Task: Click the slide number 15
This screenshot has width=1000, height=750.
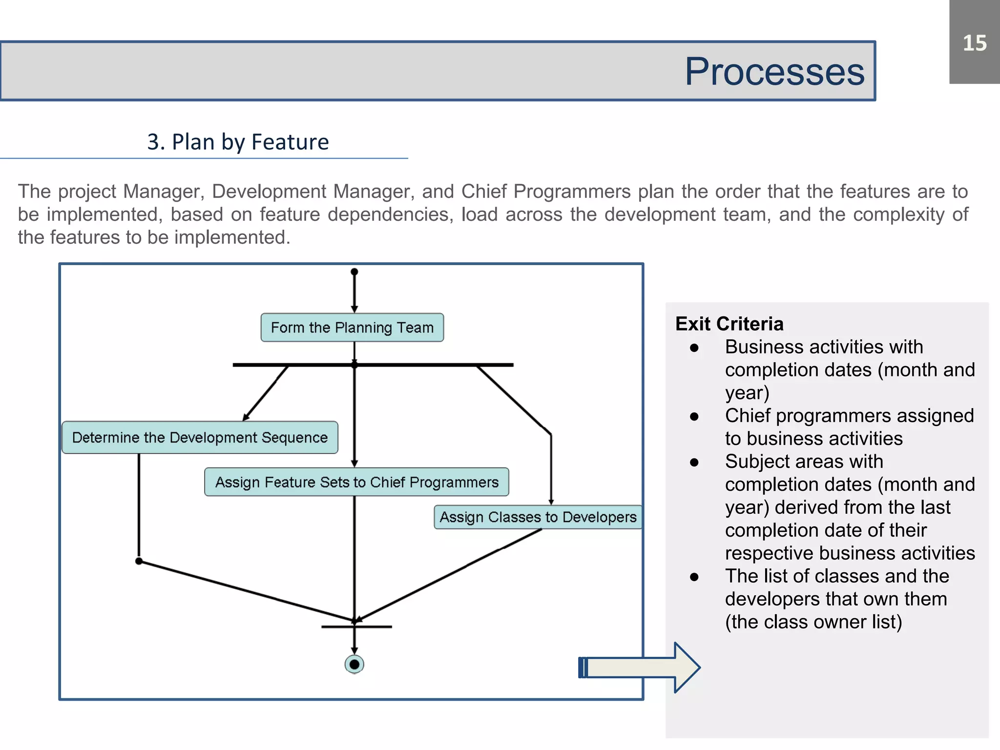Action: [x=974, y=43]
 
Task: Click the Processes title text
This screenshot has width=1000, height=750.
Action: [x=774, y=72]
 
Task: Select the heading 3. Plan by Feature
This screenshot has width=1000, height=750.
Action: [x=238, y=142]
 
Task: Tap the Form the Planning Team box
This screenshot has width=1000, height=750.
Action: [x=352, y=328]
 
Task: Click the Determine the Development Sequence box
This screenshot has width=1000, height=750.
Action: [x=200, y=437]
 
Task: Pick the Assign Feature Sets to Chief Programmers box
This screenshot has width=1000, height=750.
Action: [x=356, y=482]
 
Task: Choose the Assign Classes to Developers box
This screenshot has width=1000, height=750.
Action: [x=538, y=517]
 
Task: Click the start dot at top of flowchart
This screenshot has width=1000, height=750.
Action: [x=354, y=272]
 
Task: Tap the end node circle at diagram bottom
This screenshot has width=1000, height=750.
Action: [x=354, y=665]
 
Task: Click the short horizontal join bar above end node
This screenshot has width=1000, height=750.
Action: [x=356, y=626]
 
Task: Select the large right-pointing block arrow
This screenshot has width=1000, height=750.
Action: [x=640, y=667]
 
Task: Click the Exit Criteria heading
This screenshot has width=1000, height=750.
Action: [x=729, y=324]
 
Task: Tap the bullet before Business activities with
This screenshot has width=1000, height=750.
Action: [x=694, y=348]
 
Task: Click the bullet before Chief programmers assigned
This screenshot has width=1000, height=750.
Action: [x=694, y=417]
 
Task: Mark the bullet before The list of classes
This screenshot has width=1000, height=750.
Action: [x=694, y=577]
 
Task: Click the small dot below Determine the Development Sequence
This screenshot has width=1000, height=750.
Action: [x=139, y=561]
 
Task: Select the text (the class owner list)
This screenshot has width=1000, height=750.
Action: [x=813, y=622]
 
